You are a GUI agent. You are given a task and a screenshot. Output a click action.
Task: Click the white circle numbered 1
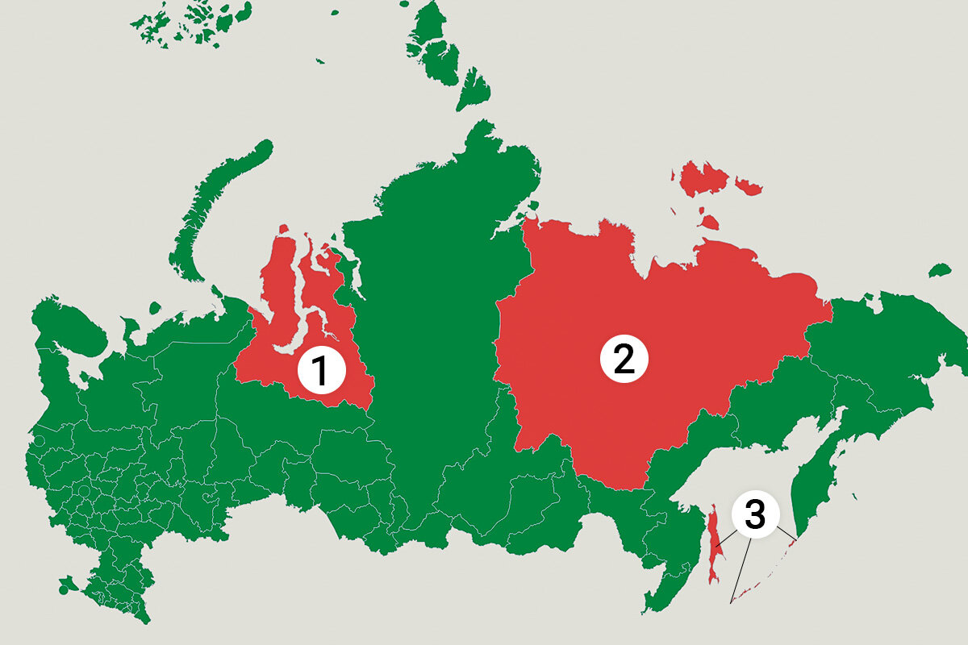pos(321,372)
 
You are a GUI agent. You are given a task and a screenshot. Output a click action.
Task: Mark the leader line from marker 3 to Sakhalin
pos(725,539)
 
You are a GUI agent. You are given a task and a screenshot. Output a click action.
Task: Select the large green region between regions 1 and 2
pos(436,339)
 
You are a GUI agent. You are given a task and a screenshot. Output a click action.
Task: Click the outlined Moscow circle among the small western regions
pos(84,490)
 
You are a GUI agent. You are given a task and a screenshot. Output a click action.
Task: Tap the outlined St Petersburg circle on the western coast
pos(39,442)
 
